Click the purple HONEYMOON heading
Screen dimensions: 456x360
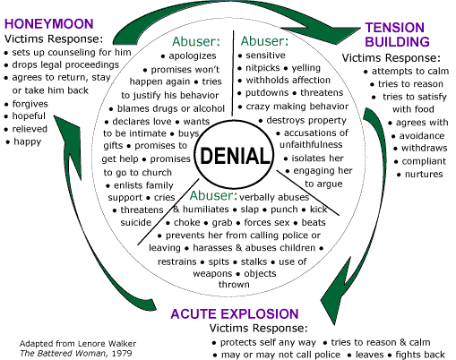point(49,24)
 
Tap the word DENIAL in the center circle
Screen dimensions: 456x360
point(235,156)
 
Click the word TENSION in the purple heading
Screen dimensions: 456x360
point(394,28)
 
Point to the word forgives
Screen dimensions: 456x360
point(30,104)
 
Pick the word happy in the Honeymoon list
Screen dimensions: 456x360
point(28,141)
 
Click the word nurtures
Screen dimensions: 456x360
point(424,174)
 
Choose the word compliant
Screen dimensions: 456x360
point(424,161)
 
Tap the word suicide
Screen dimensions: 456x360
point(136,222)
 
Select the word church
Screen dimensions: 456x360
point(157,173)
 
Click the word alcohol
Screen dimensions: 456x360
point(209,108)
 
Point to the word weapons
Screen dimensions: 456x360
point(212,273)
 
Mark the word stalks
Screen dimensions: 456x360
point(254,261)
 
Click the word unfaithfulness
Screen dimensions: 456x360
point(311,144)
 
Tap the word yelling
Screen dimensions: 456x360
point(306,68)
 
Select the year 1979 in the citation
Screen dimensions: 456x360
point(122,354)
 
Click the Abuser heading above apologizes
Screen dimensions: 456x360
point(196,41)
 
